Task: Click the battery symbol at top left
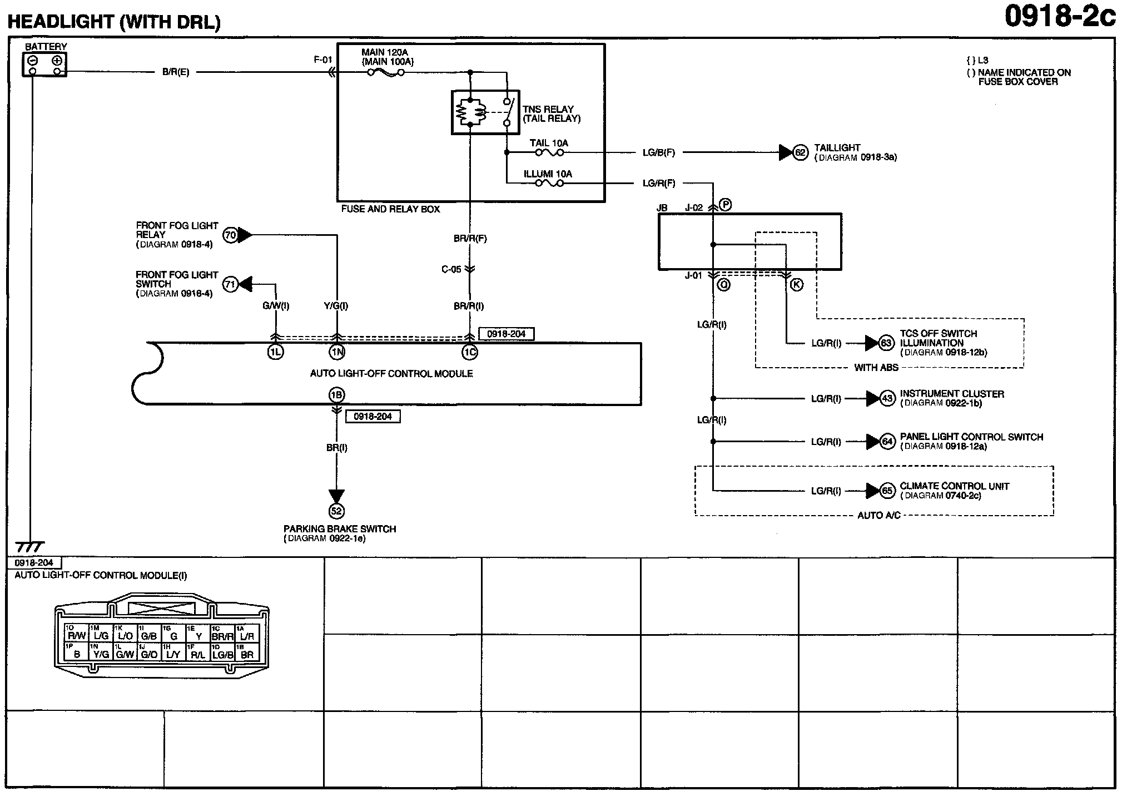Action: point(44,65)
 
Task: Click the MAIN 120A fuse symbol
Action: point(386,72)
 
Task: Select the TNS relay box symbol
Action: point(485,112)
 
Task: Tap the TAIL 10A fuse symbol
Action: point(549,152)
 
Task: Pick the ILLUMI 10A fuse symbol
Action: point(549,183)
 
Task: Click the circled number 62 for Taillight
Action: point(800,152)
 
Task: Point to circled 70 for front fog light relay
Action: point(230,235)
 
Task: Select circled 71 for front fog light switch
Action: point(230,285)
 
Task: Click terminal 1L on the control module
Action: point(275,352)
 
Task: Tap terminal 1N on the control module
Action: point(336,352)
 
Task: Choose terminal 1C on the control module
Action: point(469,352)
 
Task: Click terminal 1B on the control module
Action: point(336,395)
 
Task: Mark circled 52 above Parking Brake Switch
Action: point(336,511)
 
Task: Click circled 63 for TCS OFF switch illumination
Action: point(886,343)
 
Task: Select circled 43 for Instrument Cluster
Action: point(887,398)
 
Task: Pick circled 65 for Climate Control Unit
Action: point(887,491)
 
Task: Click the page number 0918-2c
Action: point(1060,17)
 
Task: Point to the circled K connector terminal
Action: point(796,285)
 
